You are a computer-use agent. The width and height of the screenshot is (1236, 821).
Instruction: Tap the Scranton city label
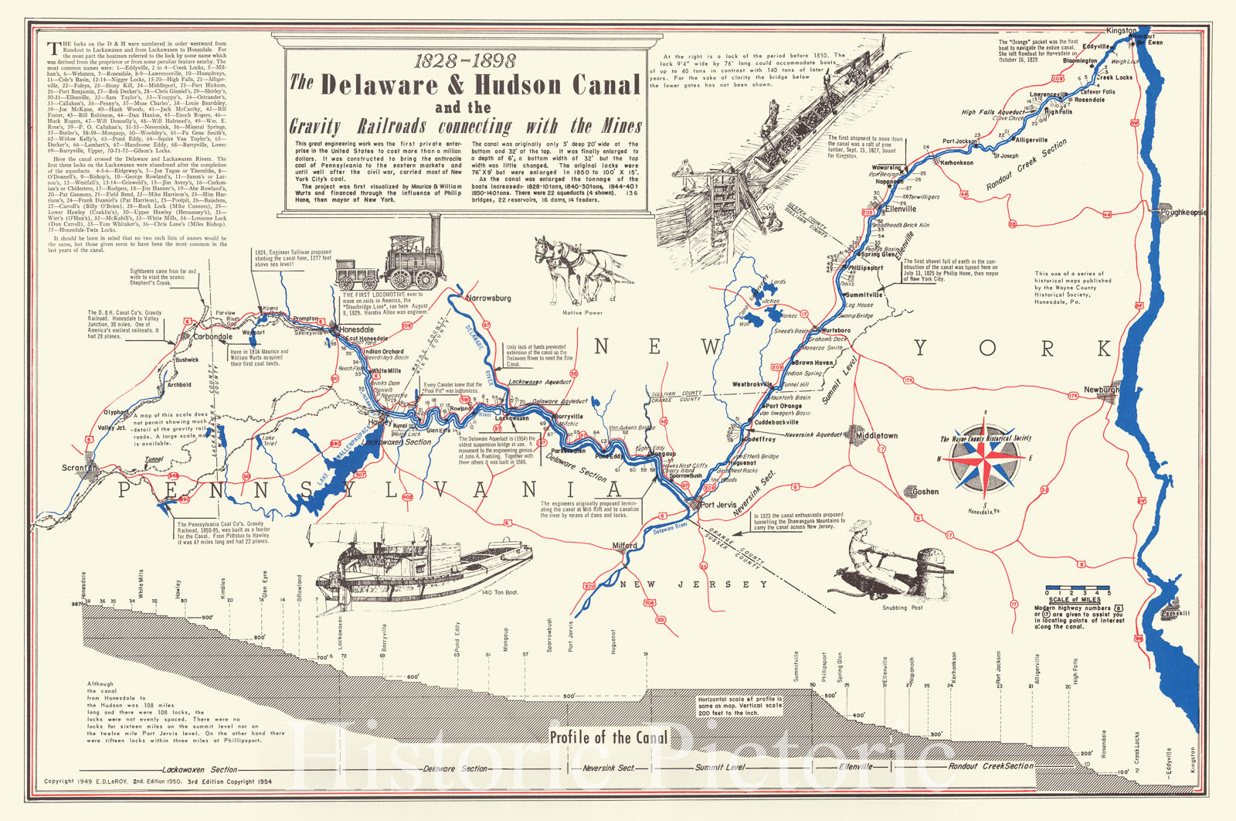coord(80,468)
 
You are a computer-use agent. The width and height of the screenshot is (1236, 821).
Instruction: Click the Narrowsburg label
coord(488,298)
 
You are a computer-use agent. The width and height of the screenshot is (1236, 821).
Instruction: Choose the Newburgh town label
coord(1101,390)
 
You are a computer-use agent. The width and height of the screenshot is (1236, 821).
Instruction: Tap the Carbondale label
coord(212,336)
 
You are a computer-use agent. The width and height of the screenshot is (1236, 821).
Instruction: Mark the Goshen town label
coord(925,491)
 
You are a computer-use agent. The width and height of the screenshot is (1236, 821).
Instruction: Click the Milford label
coord(625,545)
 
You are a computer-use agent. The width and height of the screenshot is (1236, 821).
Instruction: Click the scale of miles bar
coord(1077,588)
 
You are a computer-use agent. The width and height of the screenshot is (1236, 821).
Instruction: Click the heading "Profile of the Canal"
coord(609,737)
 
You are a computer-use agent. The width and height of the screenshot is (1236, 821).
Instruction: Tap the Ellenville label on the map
coord(901,209)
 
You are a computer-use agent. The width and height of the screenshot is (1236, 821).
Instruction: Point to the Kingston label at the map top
coord(1122,31)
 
